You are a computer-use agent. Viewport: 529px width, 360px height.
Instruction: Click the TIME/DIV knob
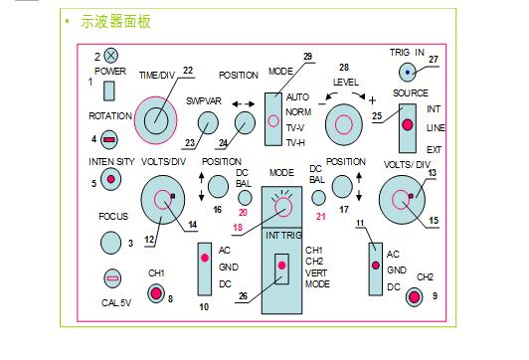point(155,118)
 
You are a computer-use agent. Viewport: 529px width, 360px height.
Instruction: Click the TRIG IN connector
point(408,71)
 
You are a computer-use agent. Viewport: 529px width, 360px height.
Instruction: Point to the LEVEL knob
point(344,124)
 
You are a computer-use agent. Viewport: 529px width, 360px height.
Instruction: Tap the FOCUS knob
point(110,241)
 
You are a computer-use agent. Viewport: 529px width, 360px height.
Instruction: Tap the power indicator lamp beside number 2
point(112,57)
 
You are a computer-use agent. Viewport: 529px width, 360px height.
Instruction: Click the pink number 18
point(238,228)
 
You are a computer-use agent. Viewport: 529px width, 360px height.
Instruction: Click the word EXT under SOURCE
point(434,150)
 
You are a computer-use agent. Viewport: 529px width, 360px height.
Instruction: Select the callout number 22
point(188,71)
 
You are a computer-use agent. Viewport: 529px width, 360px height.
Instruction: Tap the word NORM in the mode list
point(298,112)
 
